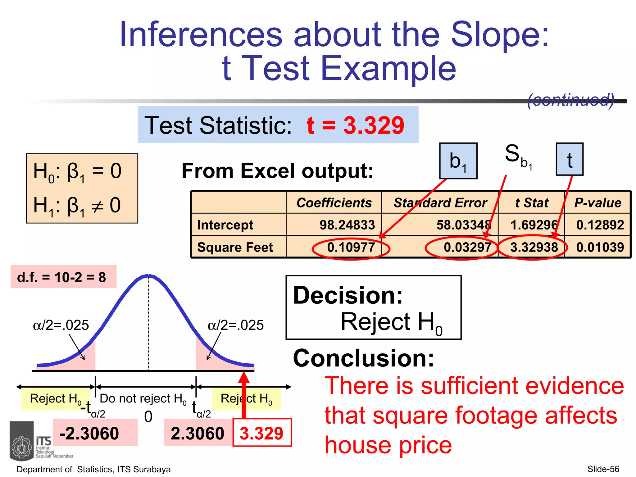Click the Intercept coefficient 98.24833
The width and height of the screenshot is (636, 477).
click(347, 225)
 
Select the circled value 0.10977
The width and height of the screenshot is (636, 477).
click(351, 247)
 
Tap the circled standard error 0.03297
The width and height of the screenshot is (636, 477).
click(467, 247)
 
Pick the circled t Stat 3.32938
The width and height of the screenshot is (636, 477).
click(534, 247)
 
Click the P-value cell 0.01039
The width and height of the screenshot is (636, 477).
click(600, 247)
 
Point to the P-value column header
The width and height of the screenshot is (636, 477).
click(597, 203)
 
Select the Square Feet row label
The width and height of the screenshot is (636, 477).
click(235, 247)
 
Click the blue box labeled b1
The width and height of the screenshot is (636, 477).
click(458, 161)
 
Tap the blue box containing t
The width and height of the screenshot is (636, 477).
click(569, 159)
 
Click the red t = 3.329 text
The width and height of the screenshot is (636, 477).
click(355, 125)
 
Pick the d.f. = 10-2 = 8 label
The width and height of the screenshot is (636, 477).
click(62, 277)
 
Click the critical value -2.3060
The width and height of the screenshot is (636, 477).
click(89, 433)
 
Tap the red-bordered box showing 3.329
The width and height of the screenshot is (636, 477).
click(261, 433)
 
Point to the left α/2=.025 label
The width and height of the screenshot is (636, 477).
click(61, 325)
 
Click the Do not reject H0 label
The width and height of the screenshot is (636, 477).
click(143, 398)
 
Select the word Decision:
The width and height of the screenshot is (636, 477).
click(348, 295)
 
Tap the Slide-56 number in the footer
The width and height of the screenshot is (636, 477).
click(603, 469)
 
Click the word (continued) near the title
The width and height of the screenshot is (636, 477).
click(570, 100)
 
